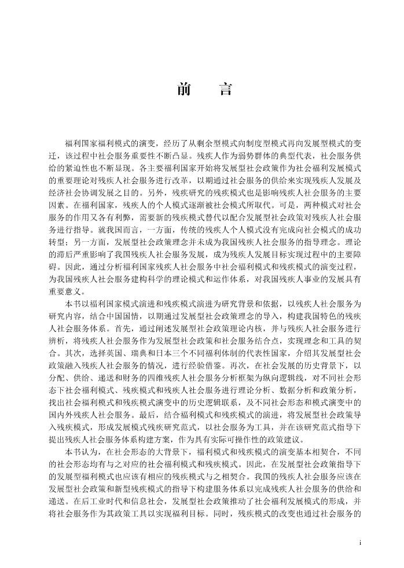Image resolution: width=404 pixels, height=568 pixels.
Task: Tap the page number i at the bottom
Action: [x=360, y=543]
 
